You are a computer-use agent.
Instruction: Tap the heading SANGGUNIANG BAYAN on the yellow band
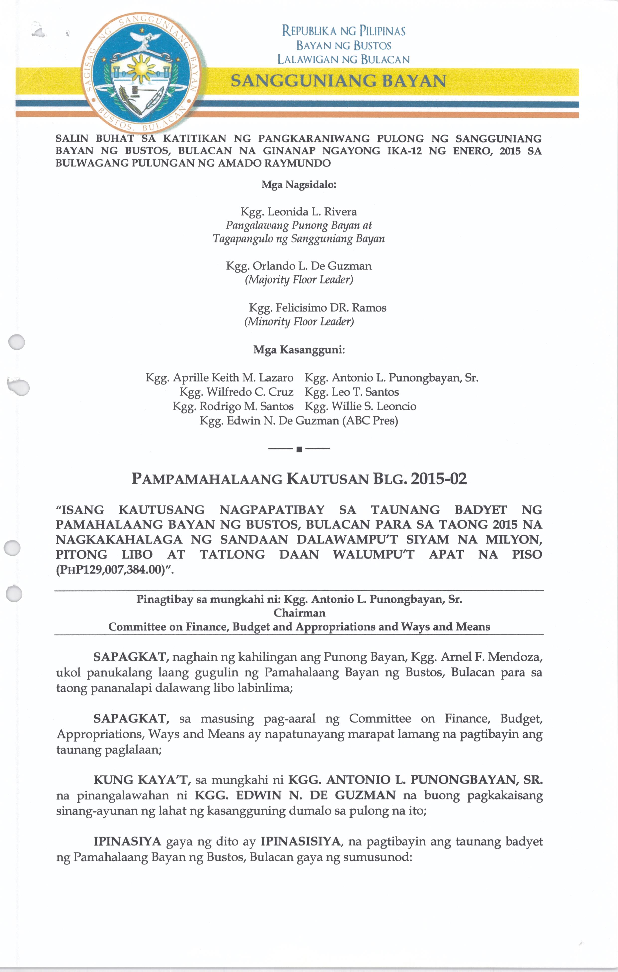click(x=338, y=81)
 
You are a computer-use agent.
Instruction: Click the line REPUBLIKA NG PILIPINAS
click(x=344, y=31)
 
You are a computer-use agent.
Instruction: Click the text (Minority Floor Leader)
click(x=299, y=322)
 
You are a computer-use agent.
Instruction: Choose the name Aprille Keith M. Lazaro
click(x=233, y=378)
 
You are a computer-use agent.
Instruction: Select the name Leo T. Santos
click(x=365, y=392)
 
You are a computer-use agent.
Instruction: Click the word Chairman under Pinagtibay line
click(x=299, y=613)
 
